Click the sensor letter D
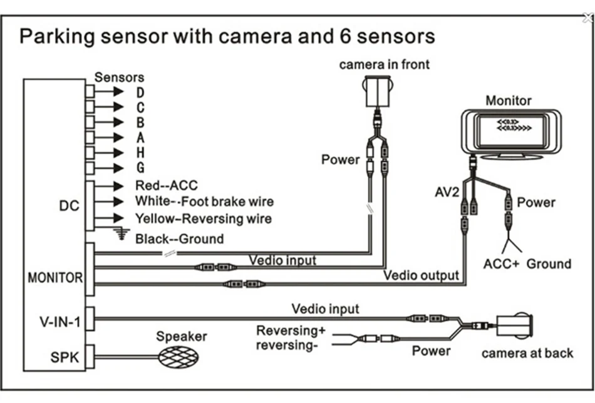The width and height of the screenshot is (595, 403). point(140,93)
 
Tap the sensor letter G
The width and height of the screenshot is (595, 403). point(140,168)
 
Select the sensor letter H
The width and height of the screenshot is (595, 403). point(140,153)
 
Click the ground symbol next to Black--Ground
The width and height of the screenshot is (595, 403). point(122,234)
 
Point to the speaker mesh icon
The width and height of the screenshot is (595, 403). point(178,357)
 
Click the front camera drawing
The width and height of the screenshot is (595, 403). point(378,91)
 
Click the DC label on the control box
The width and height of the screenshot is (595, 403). point(69,206)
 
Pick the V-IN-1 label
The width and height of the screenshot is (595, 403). point(60,322)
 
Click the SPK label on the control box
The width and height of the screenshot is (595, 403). point(65,357)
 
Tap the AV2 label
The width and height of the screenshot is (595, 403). point(447,192)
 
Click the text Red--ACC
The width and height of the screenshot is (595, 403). point(167,185)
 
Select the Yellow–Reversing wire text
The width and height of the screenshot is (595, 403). point(204,219)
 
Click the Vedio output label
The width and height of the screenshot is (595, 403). point(422,275)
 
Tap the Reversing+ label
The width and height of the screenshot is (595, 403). point(291,330)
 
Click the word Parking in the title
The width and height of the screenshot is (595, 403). point(57,37)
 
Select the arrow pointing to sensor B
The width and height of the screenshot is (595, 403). point(109,122)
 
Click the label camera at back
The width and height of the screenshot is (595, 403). point(527,354)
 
